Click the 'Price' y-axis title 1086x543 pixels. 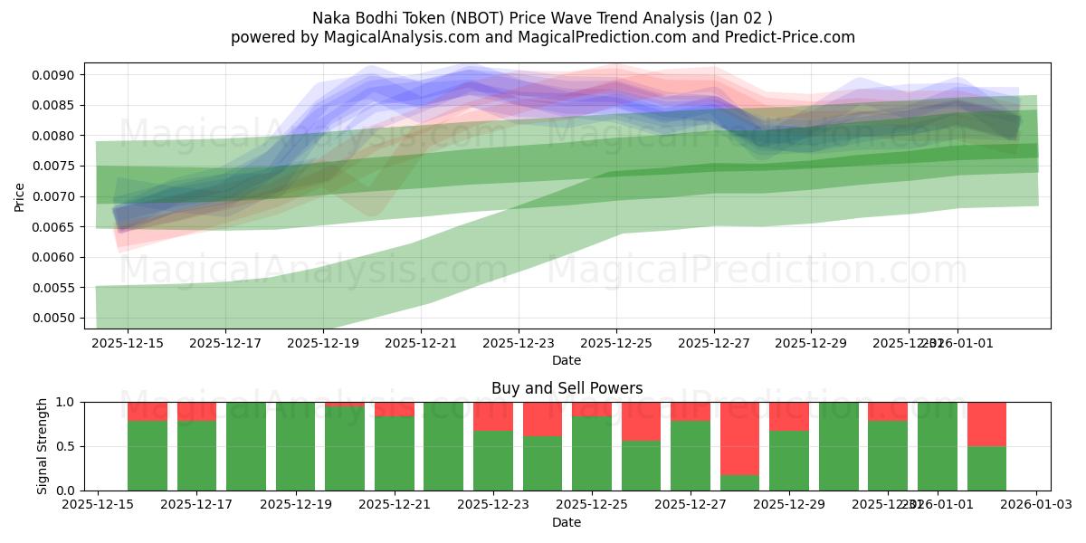20,195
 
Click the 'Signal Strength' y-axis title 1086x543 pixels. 42,446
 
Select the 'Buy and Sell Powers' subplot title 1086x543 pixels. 567,388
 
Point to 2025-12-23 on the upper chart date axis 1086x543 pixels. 519,344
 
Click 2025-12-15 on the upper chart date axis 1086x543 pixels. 128,344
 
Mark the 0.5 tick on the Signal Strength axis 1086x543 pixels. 68,446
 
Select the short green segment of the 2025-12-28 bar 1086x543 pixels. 739,483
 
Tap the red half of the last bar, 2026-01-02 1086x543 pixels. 986,424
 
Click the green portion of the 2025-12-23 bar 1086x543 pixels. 492,461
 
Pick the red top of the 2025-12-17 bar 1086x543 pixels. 196,411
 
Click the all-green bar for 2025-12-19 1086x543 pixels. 295,446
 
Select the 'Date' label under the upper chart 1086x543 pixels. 567,360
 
